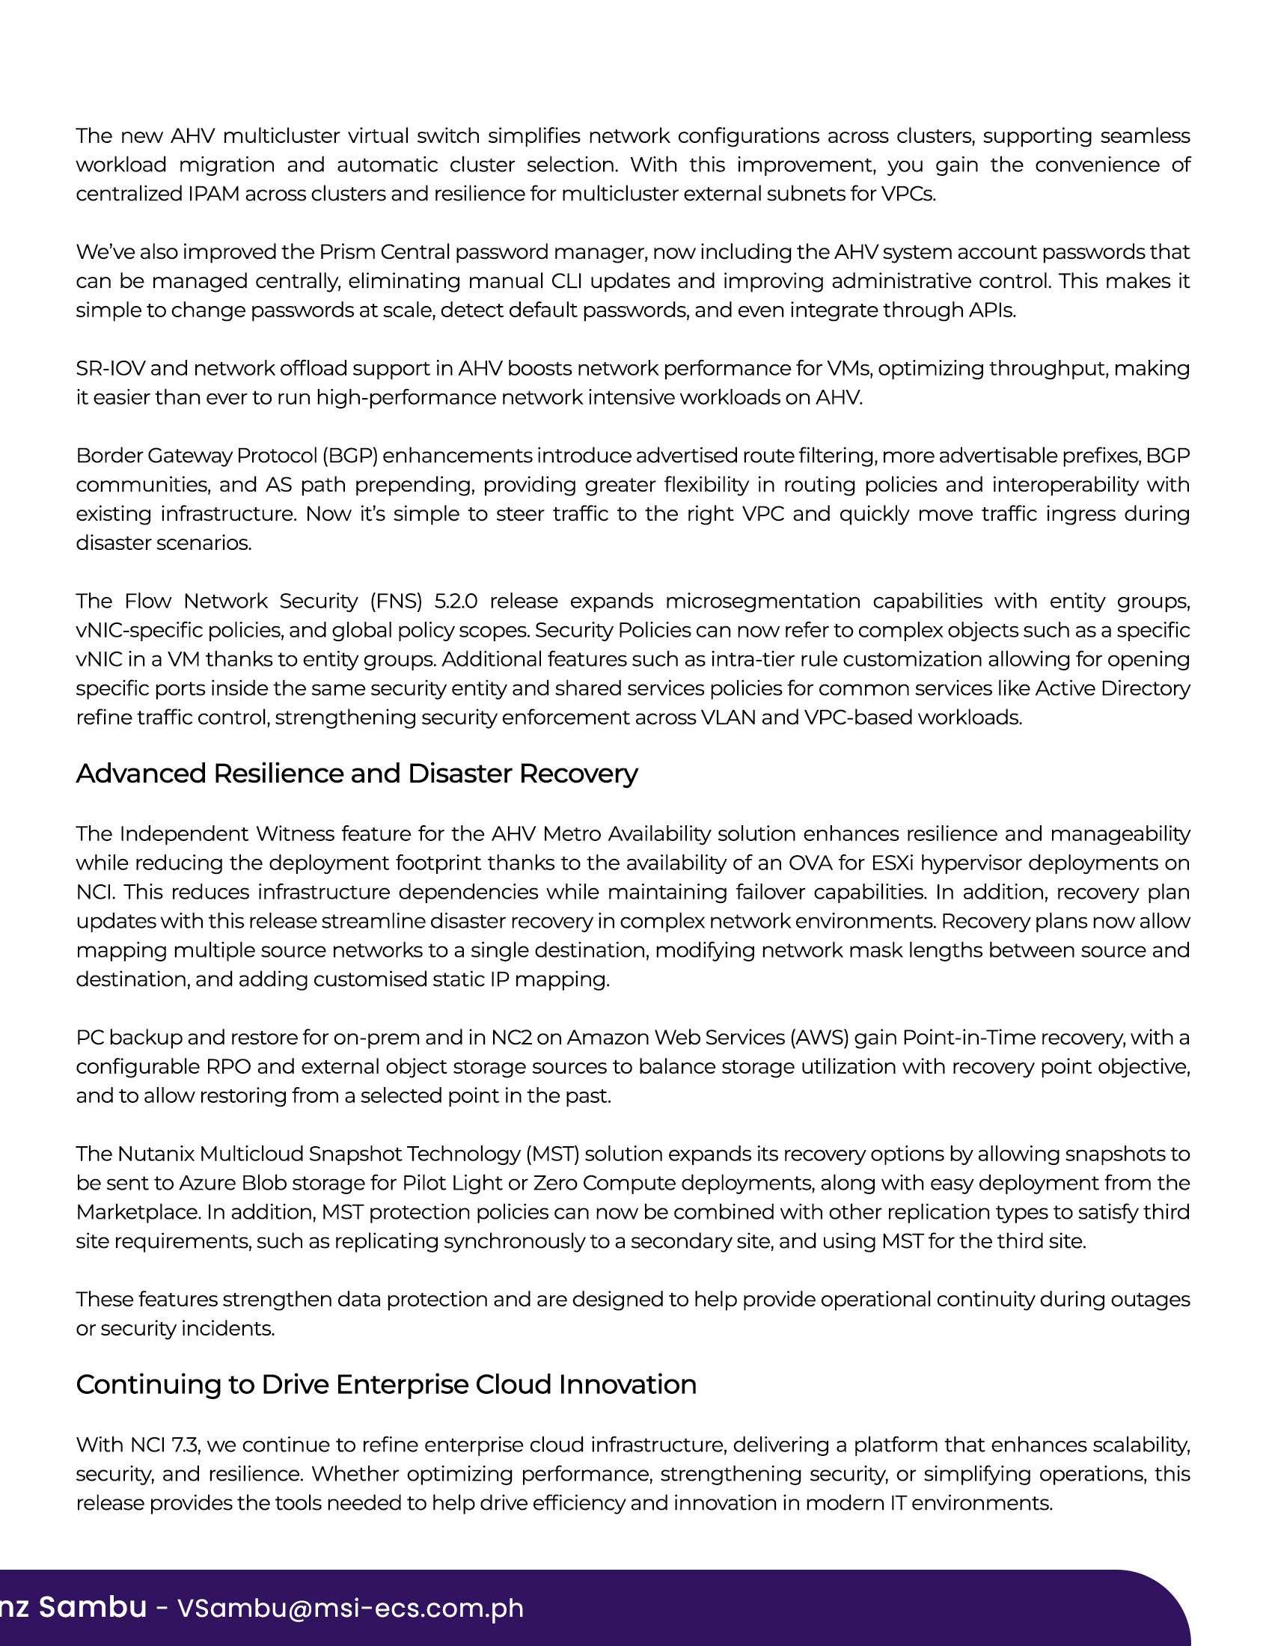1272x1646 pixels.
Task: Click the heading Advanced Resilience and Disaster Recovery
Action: (x=356, y=774)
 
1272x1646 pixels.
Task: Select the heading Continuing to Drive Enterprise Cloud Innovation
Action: (x=386, y=1384)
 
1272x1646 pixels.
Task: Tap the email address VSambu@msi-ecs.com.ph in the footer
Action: (x=349, y=1608)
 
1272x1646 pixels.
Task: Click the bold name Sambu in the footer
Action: (x=93, y=1607)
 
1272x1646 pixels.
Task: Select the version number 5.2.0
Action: (x=456, y=601)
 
